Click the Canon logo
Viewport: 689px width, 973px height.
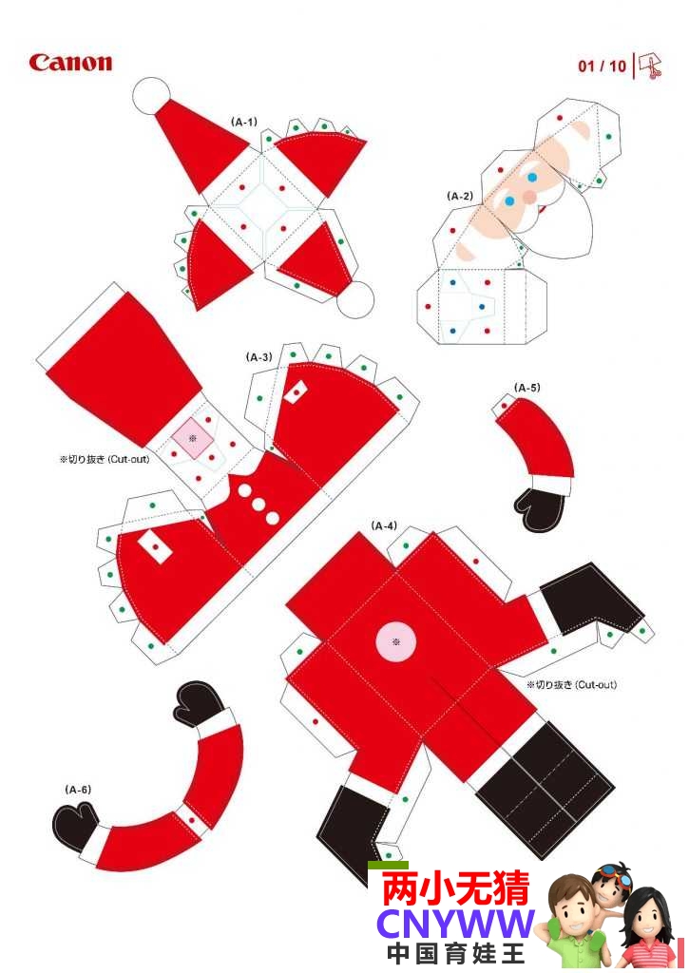click(70, 63)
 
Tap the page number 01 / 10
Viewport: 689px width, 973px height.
click(603, 67)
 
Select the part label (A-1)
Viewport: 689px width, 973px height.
click(244, 122)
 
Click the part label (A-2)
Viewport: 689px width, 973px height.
click(460, 196)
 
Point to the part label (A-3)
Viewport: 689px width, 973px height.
click(258, 357)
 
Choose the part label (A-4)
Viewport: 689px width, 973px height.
click(384, 525)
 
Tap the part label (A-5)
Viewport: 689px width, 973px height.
click(527, 388)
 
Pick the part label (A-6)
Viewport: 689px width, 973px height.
click(78, 790)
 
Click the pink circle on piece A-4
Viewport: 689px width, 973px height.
click(396, 641)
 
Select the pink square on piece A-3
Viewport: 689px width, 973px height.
click(192, 437)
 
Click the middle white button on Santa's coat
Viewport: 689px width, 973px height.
click(258, 504)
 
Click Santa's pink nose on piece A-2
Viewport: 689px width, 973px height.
click(528, 196)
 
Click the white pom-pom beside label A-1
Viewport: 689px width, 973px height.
click(151, 96)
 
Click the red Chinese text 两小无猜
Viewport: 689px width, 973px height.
click(455, 888)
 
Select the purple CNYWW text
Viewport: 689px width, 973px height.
click(455, 925)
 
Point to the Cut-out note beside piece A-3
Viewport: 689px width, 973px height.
click(105, 460)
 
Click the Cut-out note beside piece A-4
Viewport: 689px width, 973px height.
click(572, 685)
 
